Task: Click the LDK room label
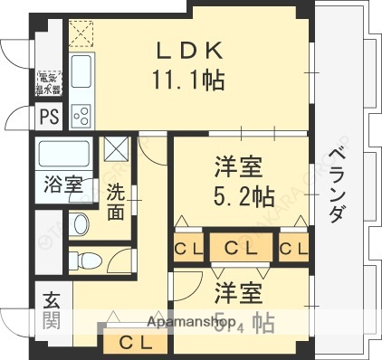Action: [x=189, y=50]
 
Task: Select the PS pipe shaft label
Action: [x=48, y=116]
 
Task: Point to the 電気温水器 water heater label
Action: [x=48, y=84]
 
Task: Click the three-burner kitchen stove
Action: [x=81, y=114]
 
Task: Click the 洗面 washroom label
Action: [x=116, y=202]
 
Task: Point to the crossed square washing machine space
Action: [x=115, y=148]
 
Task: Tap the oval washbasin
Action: [x=79, y=223]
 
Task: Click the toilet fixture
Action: [x=86, y=261]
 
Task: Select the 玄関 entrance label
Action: [x=50, y=308]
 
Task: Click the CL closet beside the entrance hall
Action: [x=136, y=342]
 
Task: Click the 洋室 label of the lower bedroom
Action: [x=239, y=293]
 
